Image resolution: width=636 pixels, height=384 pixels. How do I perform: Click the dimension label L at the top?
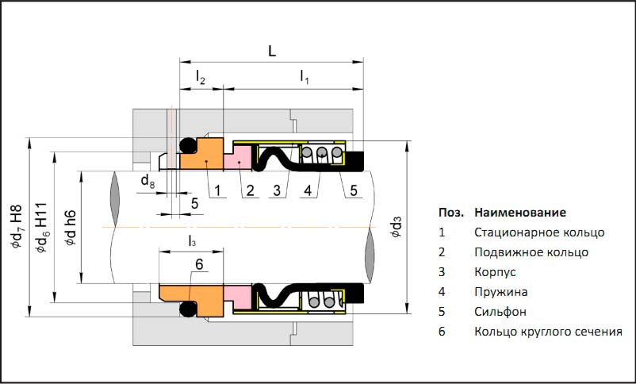pyautogui.click(x=272, y=52)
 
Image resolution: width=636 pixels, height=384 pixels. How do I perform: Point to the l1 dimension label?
pyautogui.click(x=305, y=77)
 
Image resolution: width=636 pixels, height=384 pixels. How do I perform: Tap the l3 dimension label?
pyautogui.click(x=192, y=240)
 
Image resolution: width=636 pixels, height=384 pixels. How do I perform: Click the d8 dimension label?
pyautogui.click(x=148, y=182)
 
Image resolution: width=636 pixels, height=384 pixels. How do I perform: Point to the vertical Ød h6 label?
pyautogui.click(x=70, y=228)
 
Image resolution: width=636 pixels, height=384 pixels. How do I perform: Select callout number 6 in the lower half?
pyautogui.click(x=199, y=264)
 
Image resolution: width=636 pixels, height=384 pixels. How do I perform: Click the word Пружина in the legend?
pyautogui.click(x=500, y=292)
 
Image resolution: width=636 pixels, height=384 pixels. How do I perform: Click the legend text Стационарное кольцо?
pyautogui.click(x=539, y=232)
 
